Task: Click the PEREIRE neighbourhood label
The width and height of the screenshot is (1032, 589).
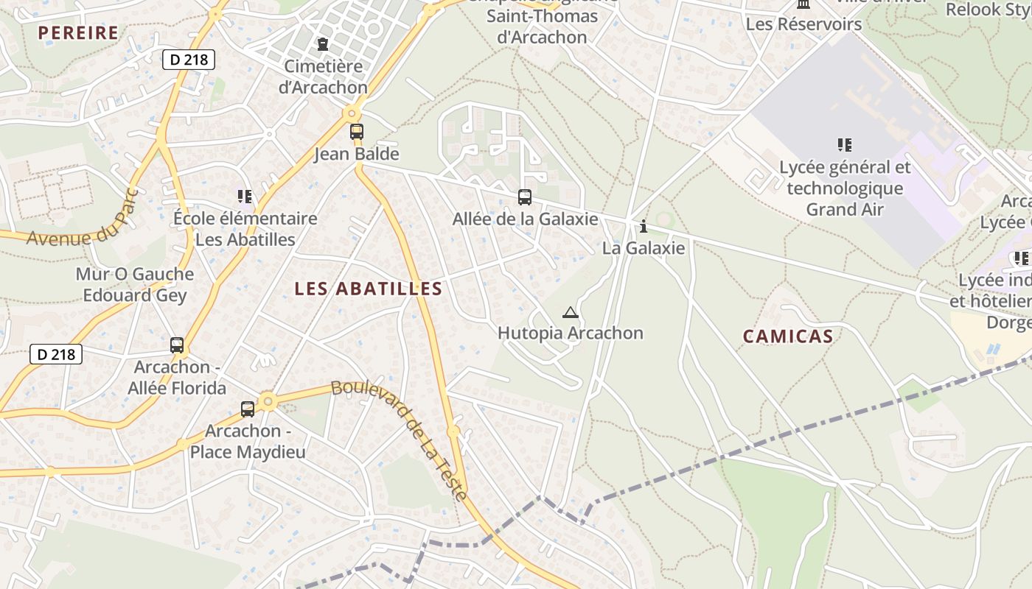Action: [78, 32]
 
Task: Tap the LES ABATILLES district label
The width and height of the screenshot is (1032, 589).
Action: [368, 289]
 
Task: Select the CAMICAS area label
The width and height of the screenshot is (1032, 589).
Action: [787, 336]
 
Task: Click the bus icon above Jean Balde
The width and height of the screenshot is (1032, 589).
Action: [357, 132]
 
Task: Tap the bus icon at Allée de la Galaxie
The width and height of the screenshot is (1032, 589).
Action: [525, 197]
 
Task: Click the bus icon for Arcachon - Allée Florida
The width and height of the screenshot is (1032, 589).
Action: [177, 345]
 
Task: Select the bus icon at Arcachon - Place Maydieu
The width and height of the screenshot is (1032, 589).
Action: [248, 409]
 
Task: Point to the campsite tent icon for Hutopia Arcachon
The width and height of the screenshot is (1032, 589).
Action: [570, 312]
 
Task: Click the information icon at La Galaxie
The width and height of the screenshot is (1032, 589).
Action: [644, 226]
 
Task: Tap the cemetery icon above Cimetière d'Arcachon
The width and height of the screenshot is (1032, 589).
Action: [323, 44]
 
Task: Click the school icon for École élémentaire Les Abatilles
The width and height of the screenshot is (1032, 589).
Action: [245, 197]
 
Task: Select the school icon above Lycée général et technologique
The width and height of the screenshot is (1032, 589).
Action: [845, 145]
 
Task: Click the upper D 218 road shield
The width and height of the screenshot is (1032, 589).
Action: [189, 60]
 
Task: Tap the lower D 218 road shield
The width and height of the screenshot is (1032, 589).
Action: [56, 354]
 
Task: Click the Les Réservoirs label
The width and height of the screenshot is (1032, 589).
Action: [803, 24]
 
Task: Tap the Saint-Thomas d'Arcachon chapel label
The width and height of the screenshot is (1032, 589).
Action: [542, 27]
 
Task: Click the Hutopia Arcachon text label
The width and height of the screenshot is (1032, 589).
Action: [570, 333]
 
